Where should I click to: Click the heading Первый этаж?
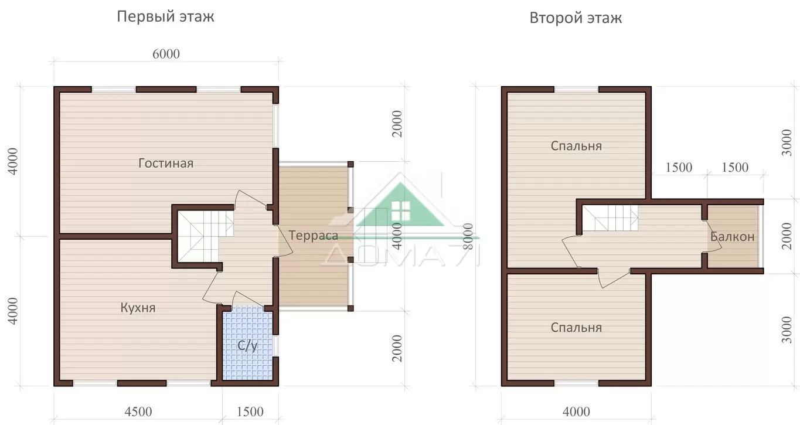165,17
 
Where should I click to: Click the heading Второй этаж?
576,18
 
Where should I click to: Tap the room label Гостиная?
166,163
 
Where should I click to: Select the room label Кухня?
138,308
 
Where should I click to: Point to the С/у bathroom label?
247,345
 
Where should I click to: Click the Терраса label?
313,235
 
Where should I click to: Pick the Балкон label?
732,236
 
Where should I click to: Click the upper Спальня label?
576,146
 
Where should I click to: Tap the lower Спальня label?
576,328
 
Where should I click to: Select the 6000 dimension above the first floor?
166,54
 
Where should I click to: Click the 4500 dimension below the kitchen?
138,412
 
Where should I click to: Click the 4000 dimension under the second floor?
576,412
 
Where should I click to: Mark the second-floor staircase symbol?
610,218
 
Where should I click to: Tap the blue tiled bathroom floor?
247,344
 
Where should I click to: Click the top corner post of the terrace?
350,164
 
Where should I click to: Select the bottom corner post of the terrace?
350,308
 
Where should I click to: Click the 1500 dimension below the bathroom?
250,412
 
